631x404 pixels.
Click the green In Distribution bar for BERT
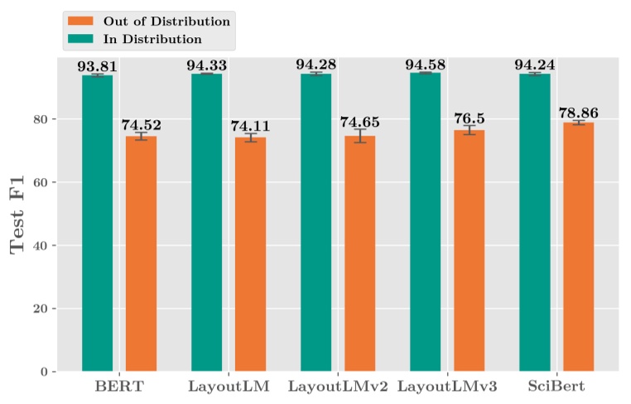[x=98, y=223]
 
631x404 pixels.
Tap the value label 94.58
[x=426, y=65]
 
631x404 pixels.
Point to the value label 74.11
[x=250, y=126]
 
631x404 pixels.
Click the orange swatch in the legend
[x=83, y=20]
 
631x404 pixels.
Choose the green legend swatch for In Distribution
[x=83, y=38]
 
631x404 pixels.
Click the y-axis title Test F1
[x=18, y=214]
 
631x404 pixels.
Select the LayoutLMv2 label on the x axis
[x=338, y=387]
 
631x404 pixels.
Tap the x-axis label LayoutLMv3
[x=447, y=387]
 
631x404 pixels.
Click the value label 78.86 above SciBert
[x=578, y=113]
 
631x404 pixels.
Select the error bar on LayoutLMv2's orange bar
[x=359, y=136]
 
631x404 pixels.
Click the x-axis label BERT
[x=119, y=387]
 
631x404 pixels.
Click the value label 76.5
[x=469, y=118]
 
